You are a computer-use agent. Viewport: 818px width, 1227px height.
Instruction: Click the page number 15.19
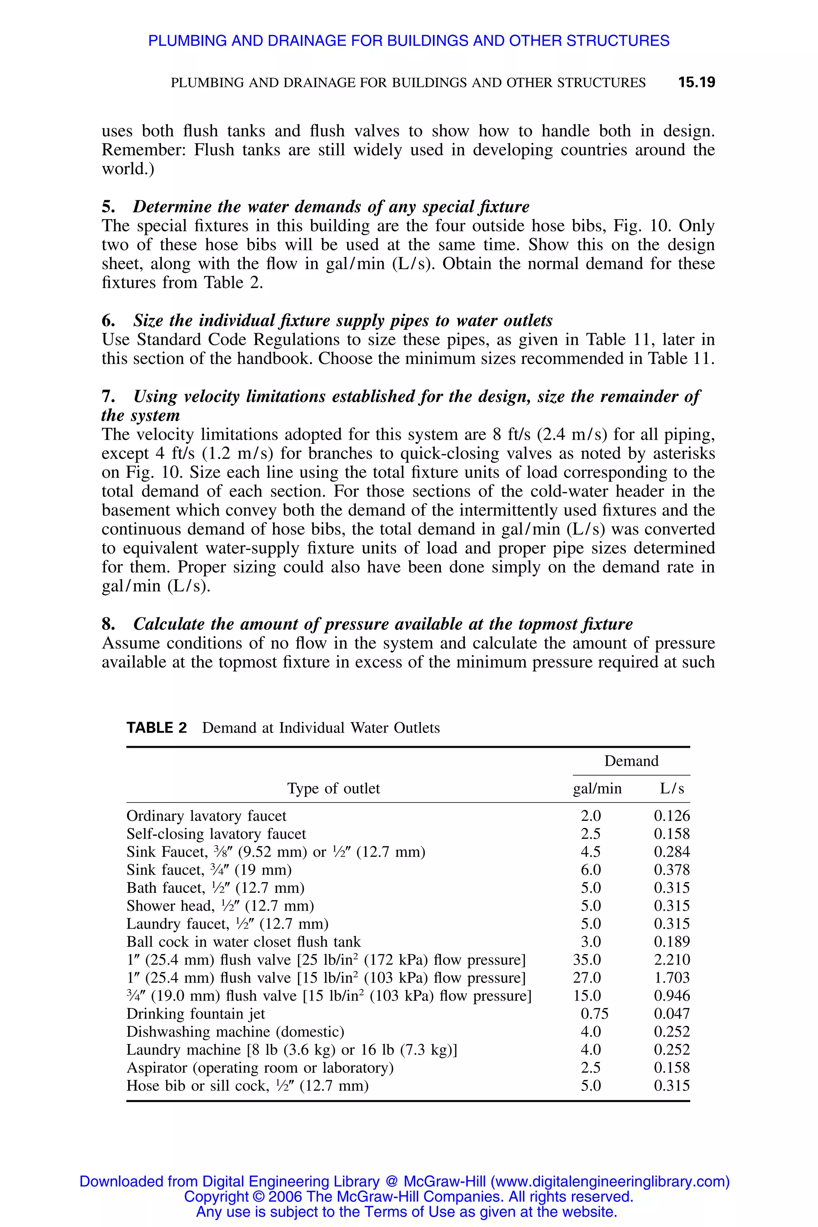(697, 82)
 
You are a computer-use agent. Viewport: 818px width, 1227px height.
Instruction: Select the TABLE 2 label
(157, 728)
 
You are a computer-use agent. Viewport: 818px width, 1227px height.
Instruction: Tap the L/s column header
(671, 788)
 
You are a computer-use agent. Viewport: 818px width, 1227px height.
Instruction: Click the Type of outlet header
(334, 788)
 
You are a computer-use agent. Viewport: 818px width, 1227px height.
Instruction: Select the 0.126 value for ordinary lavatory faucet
(671, 816)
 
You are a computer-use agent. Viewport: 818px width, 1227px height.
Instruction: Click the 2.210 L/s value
(671, 959)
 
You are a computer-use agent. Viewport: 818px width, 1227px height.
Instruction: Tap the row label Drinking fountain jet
(196, 1014)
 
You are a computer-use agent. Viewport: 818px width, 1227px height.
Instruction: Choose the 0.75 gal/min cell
(594, 1014)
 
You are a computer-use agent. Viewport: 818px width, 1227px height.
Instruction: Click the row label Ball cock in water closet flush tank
(244, 942)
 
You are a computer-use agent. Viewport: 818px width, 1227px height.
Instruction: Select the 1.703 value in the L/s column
(671, 978)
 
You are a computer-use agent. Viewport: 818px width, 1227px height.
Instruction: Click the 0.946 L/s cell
(671, 995)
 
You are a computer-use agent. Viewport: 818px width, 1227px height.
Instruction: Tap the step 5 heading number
(108, 206)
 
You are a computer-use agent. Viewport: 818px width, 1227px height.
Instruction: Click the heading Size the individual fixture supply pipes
(343, 320)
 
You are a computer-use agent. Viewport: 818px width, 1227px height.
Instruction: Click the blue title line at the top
(409, 41)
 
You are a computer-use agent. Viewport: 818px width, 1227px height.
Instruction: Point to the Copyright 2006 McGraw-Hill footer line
(409, 1196)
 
